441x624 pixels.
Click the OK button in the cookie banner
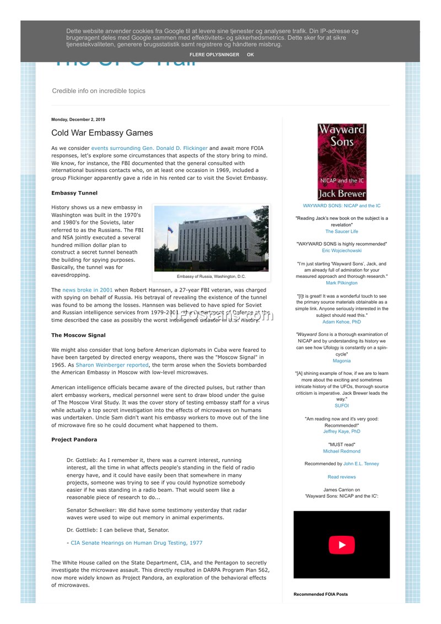(x=250, y=55)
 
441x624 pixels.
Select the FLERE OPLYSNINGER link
(x=214, y=55)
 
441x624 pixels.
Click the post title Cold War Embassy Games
(x=102, y=133)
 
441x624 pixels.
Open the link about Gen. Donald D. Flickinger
(x=149, y=148)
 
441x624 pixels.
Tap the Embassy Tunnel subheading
(x=74, y=193)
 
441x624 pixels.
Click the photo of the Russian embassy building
(x=211, y=238)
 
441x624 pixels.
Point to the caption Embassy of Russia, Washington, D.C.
(x=211, y=276)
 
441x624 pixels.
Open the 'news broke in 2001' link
(x=88, y=290)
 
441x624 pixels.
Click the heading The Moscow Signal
(x=78, y=335)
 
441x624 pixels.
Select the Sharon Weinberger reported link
(x=112, y=365)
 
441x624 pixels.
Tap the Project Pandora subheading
(x=74, y=439)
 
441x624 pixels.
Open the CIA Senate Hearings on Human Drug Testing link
(x=136, y=543)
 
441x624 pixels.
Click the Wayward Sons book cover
(x=342, y=161)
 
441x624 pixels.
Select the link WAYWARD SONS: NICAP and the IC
(x=342, y=206)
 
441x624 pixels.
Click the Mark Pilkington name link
(x=342, y=283)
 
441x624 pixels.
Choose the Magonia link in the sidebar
(x=342, y=361)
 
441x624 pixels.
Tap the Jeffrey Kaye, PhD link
(x=342, y=432)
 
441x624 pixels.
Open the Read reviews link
(x=342, y=477)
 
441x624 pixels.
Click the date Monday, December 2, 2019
(x=78, y=120)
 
